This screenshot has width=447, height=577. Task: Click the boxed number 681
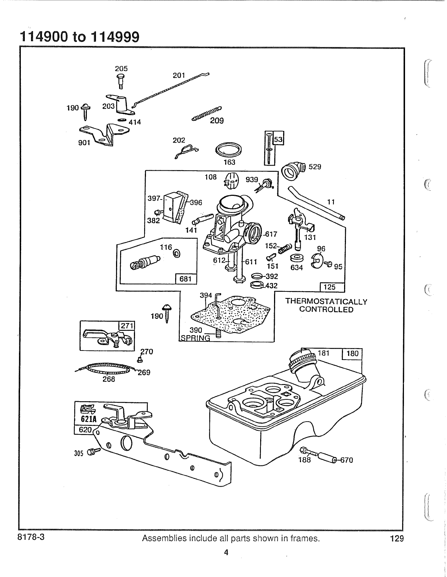tap(186, 279)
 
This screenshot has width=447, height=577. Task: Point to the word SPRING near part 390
tap(196, 338)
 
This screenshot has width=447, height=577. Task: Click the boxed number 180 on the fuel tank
tap(352, 353)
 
